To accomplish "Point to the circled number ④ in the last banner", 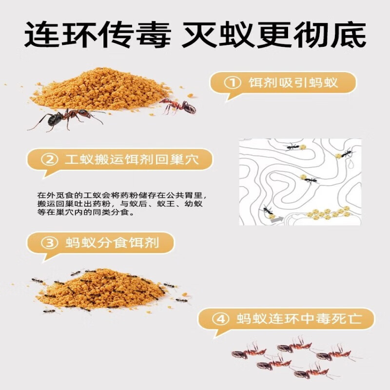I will click(x=222, y=319).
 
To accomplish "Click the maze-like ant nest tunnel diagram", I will click(x=300, y=181).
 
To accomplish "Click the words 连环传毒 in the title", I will click(x=97, y=35).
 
